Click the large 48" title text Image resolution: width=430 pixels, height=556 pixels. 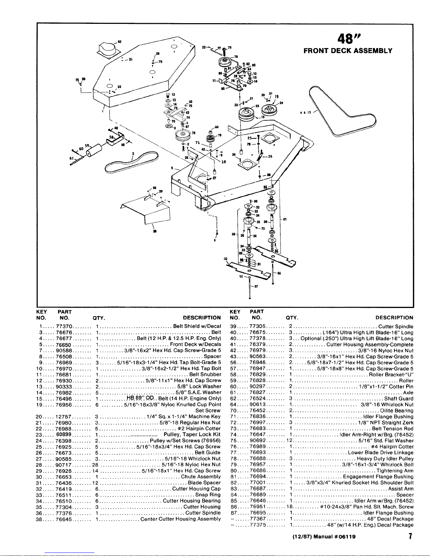tap(347, 37)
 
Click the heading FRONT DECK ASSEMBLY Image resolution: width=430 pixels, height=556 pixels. tap(348, 51)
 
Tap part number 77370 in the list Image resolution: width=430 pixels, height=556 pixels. tap(64, 326)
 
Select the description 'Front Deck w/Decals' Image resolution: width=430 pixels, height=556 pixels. tap(196, 344)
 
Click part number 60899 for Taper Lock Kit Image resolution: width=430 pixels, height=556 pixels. tap(64, 435)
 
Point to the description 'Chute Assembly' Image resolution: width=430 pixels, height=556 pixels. tap(201, 477)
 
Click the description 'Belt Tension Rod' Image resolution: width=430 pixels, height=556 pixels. tap(392, 429)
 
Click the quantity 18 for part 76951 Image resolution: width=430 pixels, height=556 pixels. tap(290, 507)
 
